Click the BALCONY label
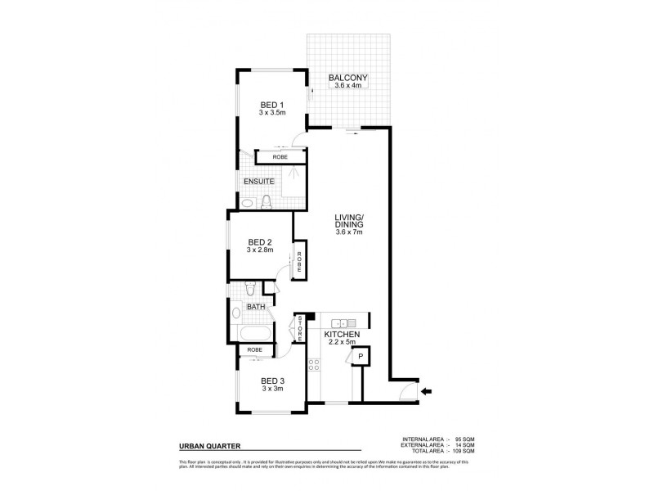coord(349,79)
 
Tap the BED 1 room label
coord(272,104)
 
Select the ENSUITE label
coord(258,181)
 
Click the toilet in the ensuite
coord(267,201)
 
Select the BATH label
coord(257,308)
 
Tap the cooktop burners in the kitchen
coord(313,367)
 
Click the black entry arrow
coord(426,391)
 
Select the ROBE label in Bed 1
coord(268,156)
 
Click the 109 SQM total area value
coord(463,451)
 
